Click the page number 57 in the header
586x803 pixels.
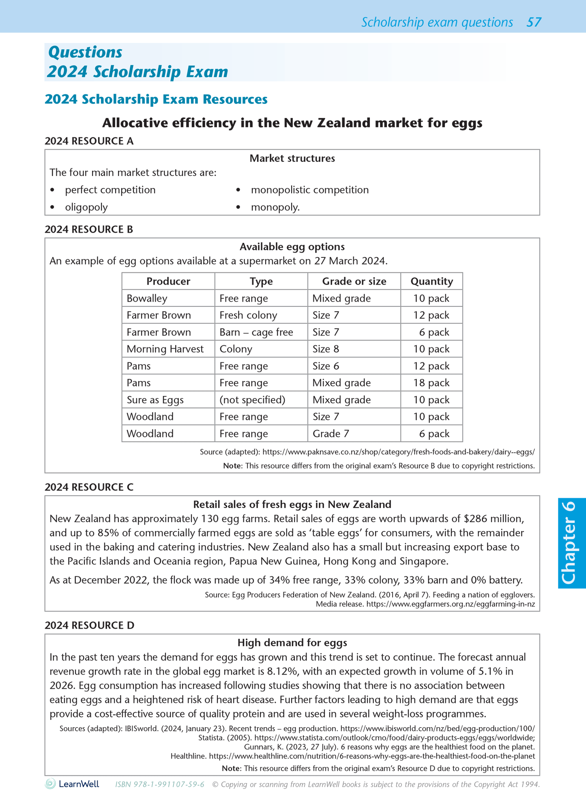tap(534, 22)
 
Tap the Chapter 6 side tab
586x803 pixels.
tap(572, 543)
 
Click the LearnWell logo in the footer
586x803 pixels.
tap(72, 784)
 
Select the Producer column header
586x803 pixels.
tap(168, 281)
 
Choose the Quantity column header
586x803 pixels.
tap(431, 281)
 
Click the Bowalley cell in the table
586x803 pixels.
tap(147, 298)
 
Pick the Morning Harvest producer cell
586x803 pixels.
tap(165, 349)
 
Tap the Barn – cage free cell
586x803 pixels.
tap(256, 332)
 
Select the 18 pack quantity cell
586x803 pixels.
tap(431, 383)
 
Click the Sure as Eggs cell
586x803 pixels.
tap(155, 400)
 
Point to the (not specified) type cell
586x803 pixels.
tap(252, 400)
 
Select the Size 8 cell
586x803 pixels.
tap(326, 349)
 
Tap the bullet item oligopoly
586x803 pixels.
tap(86, 207)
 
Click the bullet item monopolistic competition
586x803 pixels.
tap(309, 190)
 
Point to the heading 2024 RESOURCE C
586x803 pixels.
tap(89, 487)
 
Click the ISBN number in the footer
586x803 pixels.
tap(160, 784)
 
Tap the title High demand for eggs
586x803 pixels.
tap(292, 642)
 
